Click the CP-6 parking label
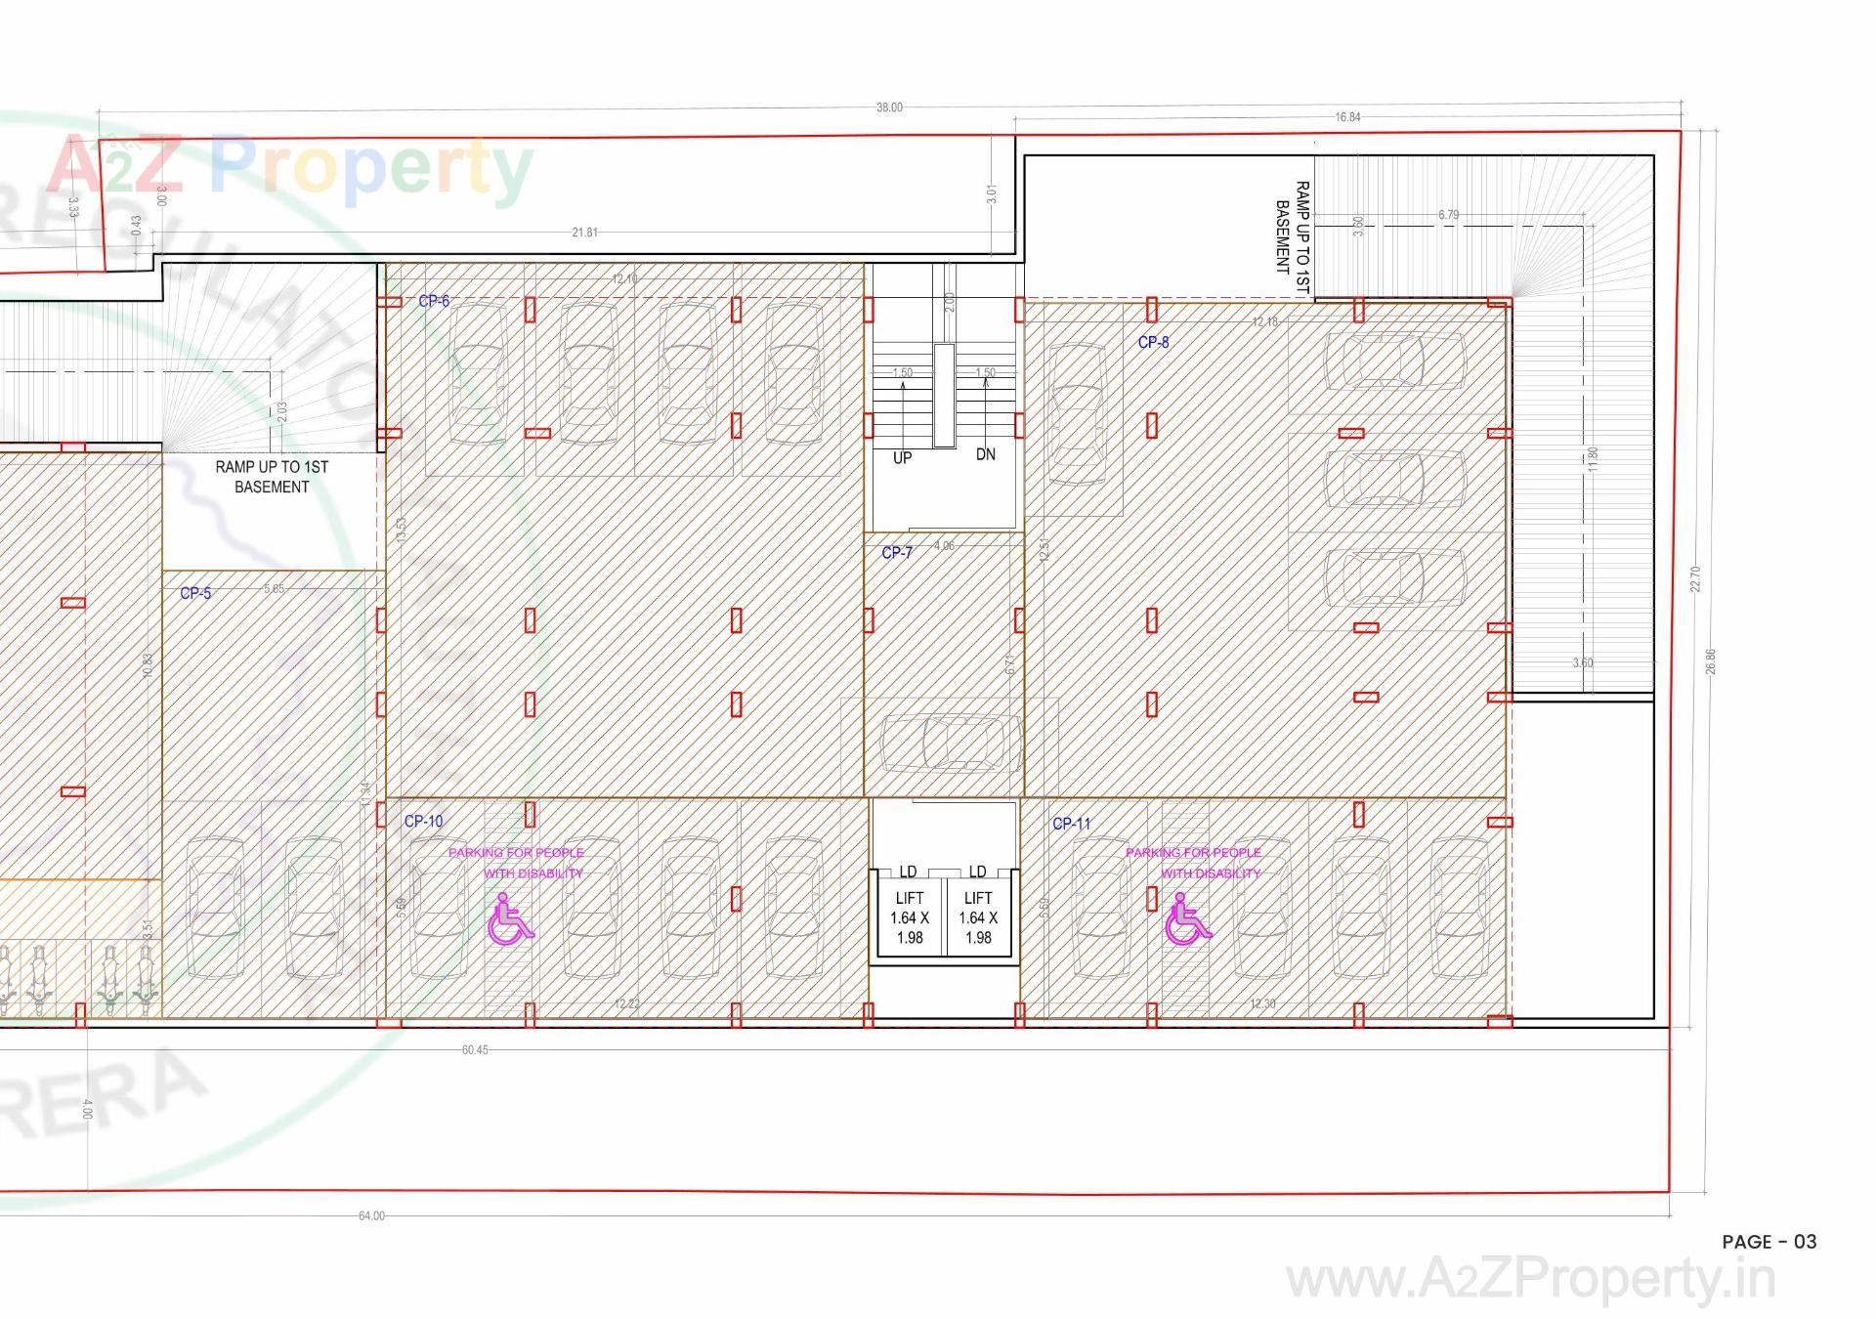coord(434,301)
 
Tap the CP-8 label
coord(1153,342)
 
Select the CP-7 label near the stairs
coord(896,552)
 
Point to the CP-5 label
coord(195,593)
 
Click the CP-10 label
coord(423,821)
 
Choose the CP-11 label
coord(1071,824)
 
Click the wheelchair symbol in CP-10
coord(509,919)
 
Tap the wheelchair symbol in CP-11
coord(1186,919)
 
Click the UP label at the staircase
coord(902,457)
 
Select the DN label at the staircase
coord(985,454)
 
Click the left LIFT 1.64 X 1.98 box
coord(909,917)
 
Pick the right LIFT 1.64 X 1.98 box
coord(978,917)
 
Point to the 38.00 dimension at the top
coord(889,107)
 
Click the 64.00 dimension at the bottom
coord(371,1215)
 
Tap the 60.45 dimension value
coord(475,1049)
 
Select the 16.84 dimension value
coord(1347,117)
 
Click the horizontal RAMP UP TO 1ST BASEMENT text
coord(272,477)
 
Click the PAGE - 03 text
coord(1769,1242)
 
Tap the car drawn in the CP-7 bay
coord(943,743)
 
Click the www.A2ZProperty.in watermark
coord(1530,1280)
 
